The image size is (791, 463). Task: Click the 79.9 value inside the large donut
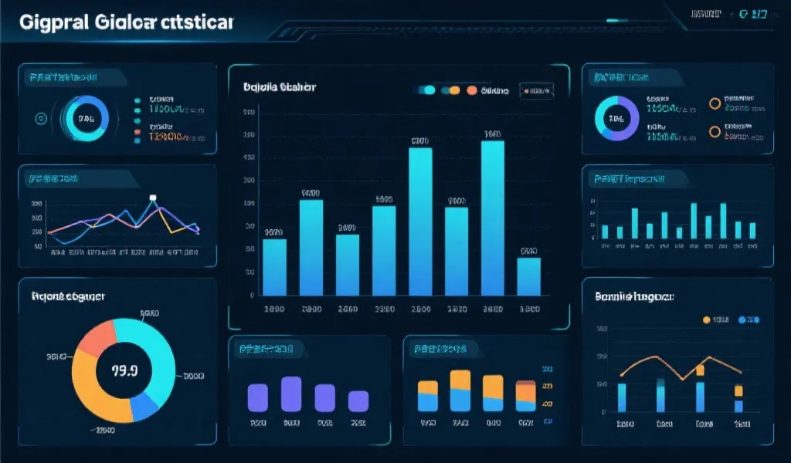tap(124, 370)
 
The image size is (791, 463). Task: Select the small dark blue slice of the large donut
tap(144, 404)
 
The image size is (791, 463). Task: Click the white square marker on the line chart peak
tap(153, 198)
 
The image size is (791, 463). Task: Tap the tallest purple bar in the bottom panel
tap(290, 393)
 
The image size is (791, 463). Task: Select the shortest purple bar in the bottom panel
tap(358, 400)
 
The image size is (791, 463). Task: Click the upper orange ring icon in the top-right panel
tap(715, 103)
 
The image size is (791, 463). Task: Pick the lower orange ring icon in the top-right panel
tap(715, 131)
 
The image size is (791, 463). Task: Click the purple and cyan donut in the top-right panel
tap(616, 119)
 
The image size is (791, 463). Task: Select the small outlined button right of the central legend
tap(536, 91)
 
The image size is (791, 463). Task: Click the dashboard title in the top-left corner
tap(126, 22)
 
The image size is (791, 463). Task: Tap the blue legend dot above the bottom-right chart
tap(743, 319)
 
